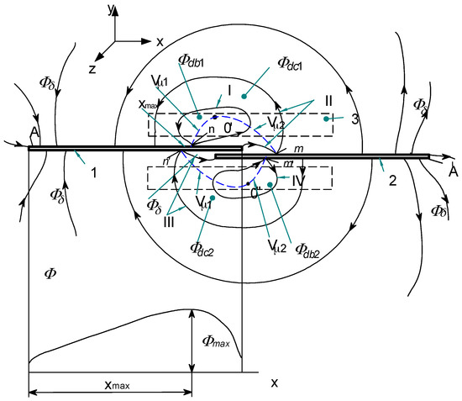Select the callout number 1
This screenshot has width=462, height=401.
(94, 174)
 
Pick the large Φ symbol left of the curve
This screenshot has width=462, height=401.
(51, 274)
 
